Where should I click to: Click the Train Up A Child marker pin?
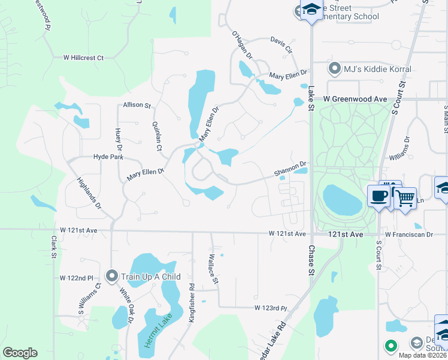[x=111, y=277]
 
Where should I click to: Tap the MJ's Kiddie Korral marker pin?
[x=335, y=69]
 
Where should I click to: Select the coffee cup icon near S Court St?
[x=379, y=196]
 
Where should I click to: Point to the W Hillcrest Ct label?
[x=84, y=58]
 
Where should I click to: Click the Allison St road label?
[x=137, y=105]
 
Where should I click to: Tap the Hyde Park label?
[x=108, y=157]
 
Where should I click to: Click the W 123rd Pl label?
[x=271, y=308]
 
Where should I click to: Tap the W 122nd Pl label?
[x=77, y=278]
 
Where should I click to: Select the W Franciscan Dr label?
[x=408, y=234]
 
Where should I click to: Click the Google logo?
[x=20, y=353]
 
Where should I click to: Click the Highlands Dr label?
[x=89, y=191]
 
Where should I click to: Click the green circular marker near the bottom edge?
[x=391, y=346]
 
